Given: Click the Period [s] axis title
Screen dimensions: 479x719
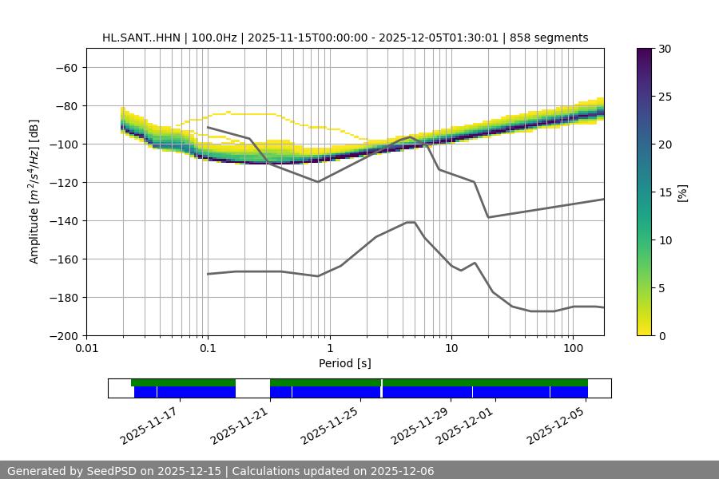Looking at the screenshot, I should (x=344, y=363).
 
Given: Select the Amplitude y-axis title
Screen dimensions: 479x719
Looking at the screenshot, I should (x=34, y=192).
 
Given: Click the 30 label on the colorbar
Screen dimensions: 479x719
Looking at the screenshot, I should (x=665, y=49).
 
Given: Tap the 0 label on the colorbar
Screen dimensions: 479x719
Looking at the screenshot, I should (x=661, y=335).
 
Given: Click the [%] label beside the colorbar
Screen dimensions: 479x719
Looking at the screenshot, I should (x=682, y=192).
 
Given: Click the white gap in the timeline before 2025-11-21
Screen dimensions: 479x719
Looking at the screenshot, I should (x=252, y=388).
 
